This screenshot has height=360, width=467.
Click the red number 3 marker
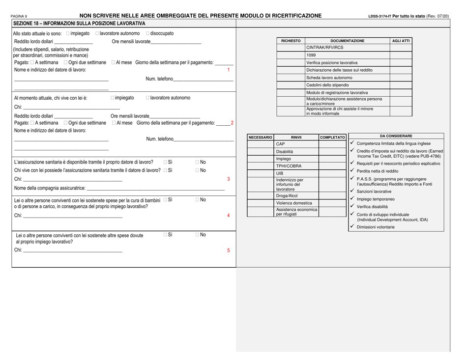coord(229,179)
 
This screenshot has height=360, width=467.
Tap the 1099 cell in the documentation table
coord(311,55)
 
